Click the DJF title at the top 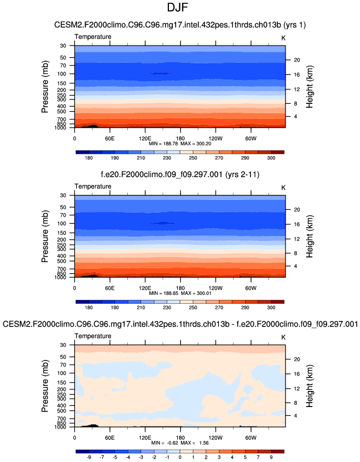pyautogui.click(x=180, y=8)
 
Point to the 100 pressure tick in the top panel pyautogui.click(x=62, y=74)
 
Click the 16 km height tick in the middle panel pyautogui.click(x=297, y=224)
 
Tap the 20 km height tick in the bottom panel pyautogui.click(x=297, y=359)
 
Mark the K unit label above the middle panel pyautogui.click(x=283, y=187)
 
